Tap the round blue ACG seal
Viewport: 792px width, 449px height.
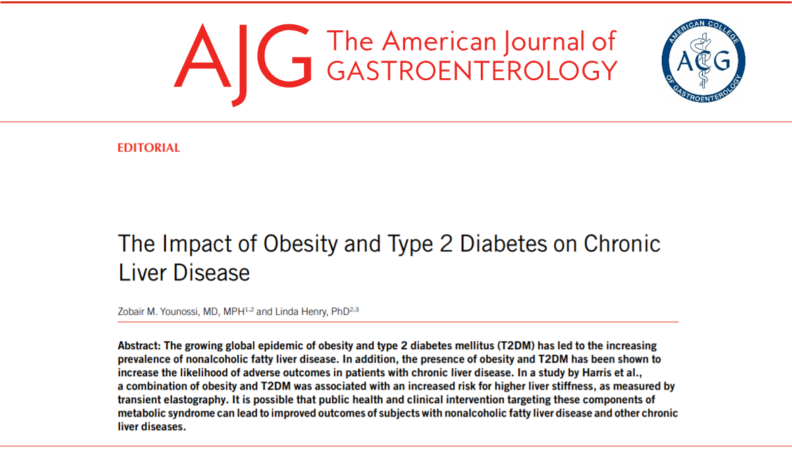coord(703,61)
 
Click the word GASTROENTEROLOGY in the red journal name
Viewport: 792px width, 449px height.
coord(472,70)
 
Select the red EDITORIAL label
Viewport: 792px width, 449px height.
coord(149,148)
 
